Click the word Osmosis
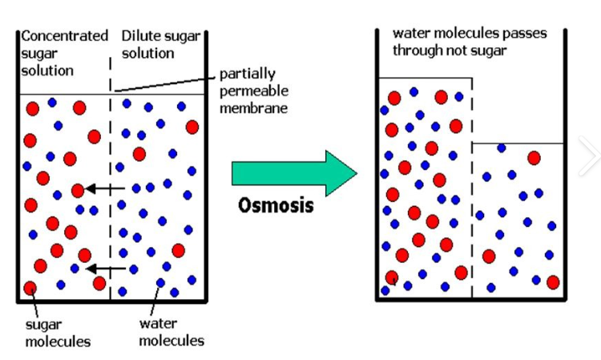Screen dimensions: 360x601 [x=276, y=204]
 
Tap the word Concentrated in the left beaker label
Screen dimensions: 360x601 [x=64, y=35]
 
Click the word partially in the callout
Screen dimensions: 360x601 [x=246, y=75]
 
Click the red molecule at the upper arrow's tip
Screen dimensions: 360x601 [x=78, y=190]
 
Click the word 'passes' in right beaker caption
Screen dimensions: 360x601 [x=518, y=33]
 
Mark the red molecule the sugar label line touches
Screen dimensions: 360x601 [x=30, y=288]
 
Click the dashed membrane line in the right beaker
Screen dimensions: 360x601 [x=472, y=200]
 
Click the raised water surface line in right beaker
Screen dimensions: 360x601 [x=425, y=78]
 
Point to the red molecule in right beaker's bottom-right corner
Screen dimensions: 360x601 [x=553, y=282]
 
